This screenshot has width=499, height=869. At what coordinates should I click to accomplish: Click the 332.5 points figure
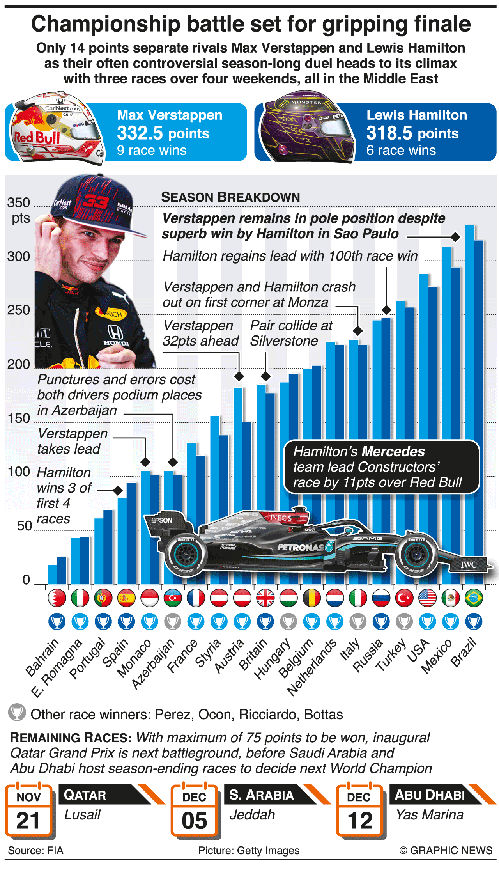pos(163,133)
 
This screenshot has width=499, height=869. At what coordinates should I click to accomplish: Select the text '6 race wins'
pos(401,150)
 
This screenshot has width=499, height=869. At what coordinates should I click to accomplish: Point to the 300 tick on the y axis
pos(18,256)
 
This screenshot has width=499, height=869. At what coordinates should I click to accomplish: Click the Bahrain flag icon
pos(57,598)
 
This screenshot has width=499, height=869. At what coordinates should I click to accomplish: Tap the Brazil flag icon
pos(474,598)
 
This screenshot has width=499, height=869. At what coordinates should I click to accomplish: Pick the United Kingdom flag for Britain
pos(265,598)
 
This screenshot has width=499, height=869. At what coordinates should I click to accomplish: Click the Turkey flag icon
pos(404,598)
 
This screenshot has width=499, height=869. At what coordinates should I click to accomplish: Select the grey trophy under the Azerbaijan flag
pos(173,621)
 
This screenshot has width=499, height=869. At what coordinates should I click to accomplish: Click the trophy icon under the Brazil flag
pos(474,621)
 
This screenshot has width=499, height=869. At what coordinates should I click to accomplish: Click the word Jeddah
pos(252,815)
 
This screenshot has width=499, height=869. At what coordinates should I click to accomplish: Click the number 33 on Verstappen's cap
pos(96,201)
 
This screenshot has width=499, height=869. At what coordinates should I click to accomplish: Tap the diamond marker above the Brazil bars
pos(455,237)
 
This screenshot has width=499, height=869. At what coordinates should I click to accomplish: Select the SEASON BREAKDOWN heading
pos(230,197)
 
